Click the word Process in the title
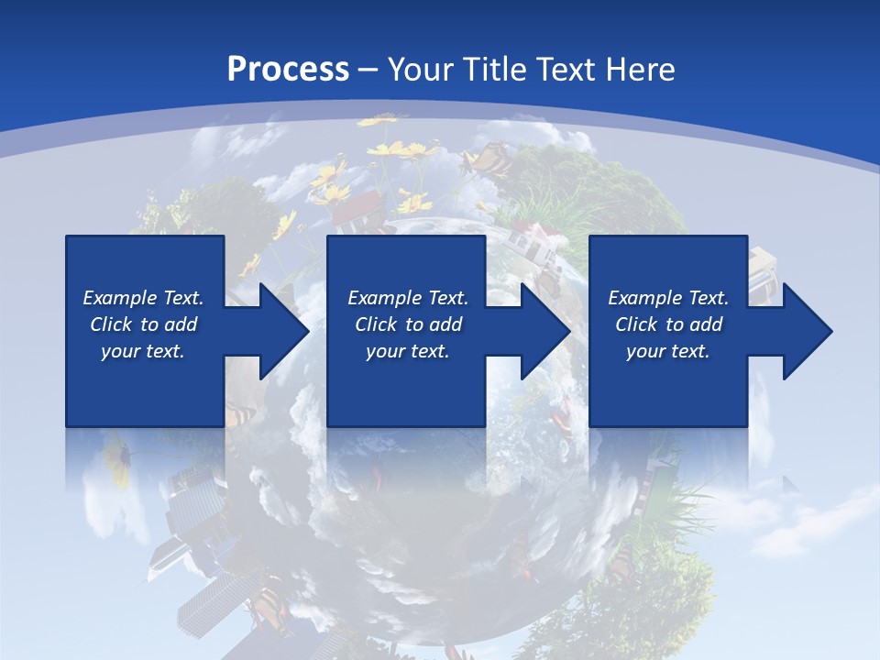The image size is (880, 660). click(x=288, y=70)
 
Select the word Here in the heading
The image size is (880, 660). click(x=641, y=70)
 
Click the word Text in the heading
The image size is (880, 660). click(x=566, y=70)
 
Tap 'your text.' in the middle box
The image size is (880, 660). click(x=407, y=351)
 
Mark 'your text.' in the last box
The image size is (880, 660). click(x=667, y=351)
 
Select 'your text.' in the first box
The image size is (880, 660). click(x=142, y=351)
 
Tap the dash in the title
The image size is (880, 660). click(x=368, y=70)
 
